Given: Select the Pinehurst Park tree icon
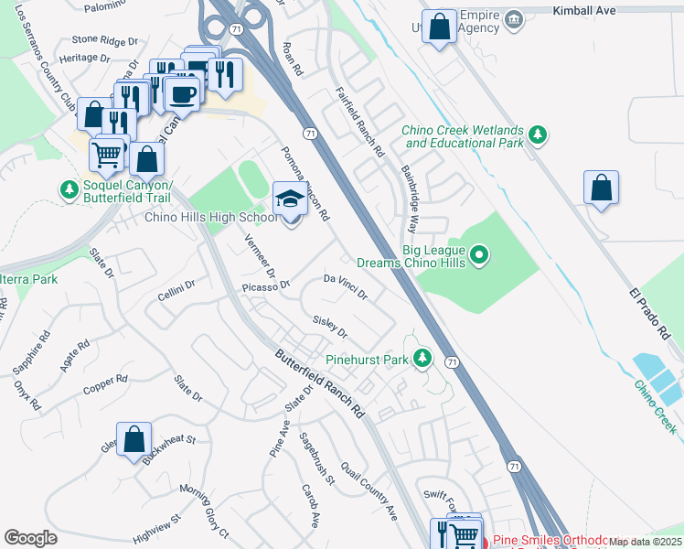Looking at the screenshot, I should (422, 359).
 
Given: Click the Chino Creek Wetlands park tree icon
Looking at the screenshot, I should (539, 136).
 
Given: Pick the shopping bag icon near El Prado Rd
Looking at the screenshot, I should (602, 188).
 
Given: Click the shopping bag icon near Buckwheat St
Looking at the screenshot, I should (134, 439).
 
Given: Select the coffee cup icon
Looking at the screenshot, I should (183, 93).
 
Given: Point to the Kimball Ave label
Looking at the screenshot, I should (585, 10).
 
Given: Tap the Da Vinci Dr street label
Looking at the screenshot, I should (346, 287).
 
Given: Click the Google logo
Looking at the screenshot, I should (30, 538).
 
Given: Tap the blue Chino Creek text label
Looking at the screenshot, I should (653, 404).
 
